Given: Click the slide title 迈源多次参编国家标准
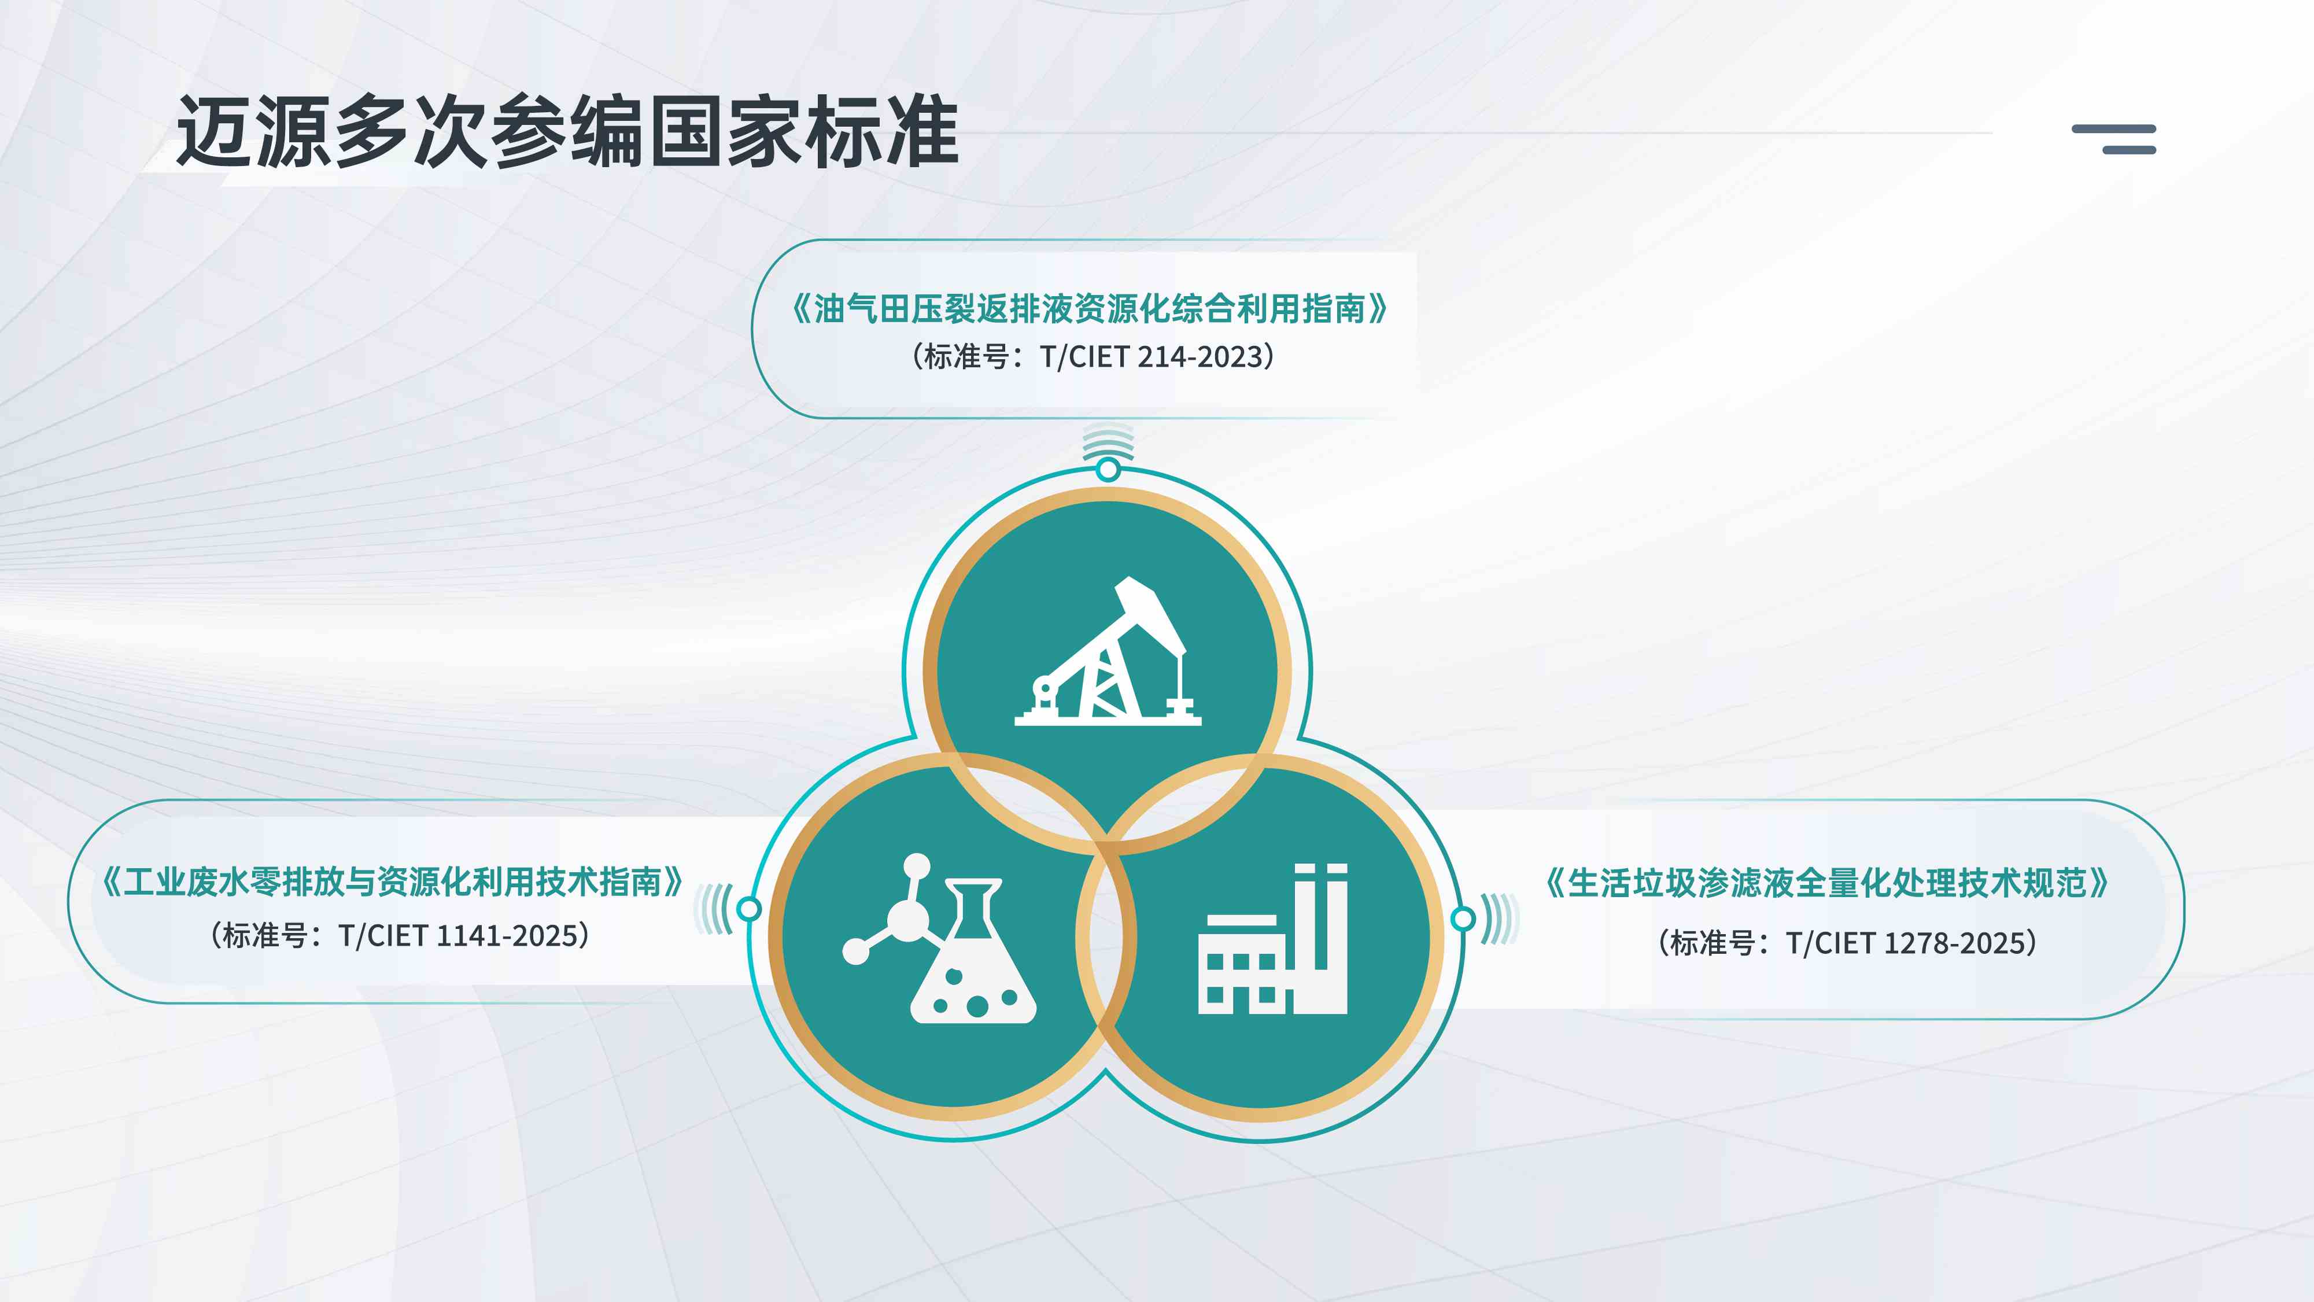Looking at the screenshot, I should pyautogui.click(x=568, y=132).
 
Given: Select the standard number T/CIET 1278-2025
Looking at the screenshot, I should pyautogui.click(x=1910, y=943).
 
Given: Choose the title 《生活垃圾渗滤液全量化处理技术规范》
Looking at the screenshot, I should pyautogui.click(x=1827, y=883).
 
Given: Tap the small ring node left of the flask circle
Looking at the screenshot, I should pyautogui.click(x=749, y=909).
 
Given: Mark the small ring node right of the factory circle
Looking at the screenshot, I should pyautogui.click(x=1463, y=919).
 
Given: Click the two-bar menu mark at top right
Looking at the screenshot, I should pyautogui.click(x=2114, y=139).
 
